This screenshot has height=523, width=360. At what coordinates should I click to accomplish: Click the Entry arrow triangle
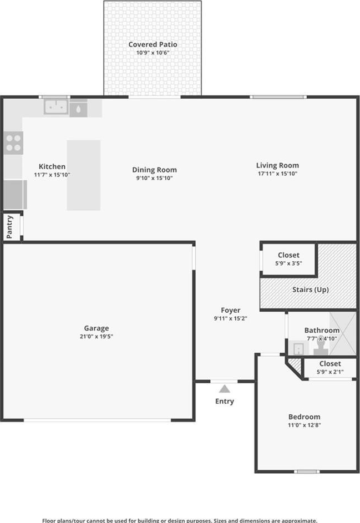(225, 389)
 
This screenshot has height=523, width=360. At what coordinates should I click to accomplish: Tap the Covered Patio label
(153, 44)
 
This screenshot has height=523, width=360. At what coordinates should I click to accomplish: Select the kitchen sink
(56, 106)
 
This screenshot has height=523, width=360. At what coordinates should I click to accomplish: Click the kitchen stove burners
(14, 143)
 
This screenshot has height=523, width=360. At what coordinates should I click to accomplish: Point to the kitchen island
(84, 175)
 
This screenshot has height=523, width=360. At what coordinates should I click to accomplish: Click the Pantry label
(9, 227)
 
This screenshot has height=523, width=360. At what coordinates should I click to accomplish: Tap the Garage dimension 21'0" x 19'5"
(97, 337)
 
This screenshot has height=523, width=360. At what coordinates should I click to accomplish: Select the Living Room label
(277, 165)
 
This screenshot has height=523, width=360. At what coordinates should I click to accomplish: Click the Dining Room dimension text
(154, 178)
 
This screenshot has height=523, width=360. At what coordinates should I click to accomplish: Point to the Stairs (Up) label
(311, 290)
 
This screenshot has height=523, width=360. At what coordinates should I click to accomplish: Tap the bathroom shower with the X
(343, 333)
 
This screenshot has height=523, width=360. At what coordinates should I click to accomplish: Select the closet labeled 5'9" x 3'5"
(288, 259)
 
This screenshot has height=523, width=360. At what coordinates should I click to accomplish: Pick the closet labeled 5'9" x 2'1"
(330, 368)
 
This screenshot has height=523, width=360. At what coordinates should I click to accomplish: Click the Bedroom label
(305, 417)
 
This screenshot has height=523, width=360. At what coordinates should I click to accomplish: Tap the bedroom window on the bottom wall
(307, 471)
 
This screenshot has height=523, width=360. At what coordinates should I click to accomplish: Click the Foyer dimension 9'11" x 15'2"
(231, 318)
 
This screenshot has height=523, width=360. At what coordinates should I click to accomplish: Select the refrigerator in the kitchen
(16, 195)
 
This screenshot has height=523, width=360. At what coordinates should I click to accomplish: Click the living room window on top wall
(278, 97)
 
